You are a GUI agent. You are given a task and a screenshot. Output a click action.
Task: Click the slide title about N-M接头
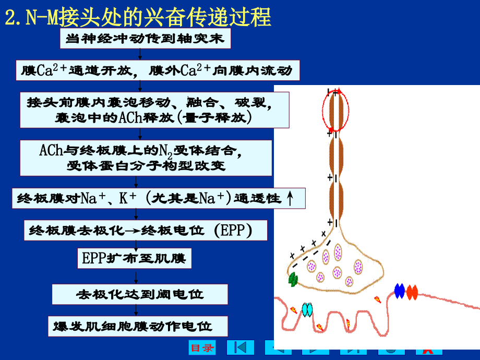click(138, 17)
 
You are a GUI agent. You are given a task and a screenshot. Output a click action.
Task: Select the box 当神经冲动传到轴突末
click(145, 39)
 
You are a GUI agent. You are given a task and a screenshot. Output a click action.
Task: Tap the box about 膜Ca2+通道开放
click(158, 70)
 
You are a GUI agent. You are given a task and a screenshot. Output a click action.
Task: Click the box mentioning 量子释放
click(154, 110)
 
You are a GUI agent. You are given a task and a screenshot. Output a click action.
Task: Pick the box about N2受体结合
click(146, 158)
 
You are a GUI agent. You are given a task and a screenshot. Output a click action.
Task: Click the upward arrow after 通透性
click(290, 198)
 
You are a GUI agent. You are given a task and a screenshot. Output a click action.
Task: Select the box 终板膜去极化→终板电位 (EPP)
click(146, 230)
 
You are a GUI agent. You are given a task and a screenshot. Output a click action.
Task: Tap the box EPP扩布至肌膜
click(135, 258)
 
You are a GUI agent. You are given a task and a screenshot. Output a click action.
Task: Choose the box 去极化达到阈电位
click(140, 294)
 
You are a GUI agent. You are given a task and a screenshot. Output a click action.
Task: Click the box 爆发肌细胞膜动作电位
click(138, 326)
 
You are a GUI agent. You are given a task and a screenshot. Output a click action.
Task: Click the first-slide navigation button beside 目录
click(241, 347)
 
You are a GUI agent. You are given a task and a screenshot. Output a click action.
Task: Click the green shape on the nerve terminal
click(293, 279)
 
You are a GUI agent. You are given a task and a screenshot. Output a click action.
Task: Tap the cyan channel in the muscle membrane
click(307, 310)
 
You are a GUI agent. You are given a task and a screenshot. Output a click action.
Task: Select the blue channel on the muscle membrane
click(400, 291)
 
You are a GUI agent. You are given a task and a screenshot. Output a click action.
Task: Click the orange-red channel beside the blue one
click(412, 292)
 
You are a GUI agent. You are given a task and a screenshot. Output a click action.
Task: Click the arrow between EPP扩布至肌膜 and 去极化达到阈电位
click(136, 277)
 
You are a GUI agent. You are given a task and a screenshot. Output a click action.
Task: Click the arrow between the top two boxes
click(140, 54)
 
